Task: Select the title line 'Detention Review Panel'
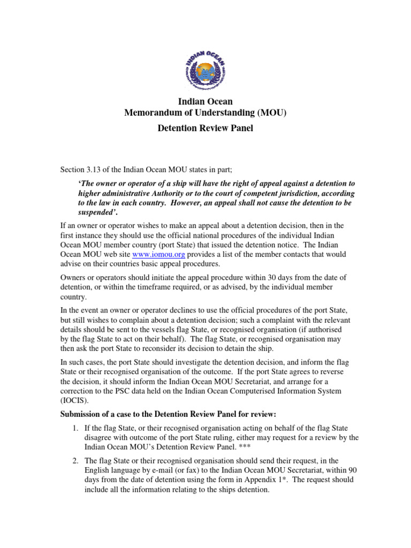(205, 128)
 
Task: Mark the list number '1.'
(75, 428)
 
